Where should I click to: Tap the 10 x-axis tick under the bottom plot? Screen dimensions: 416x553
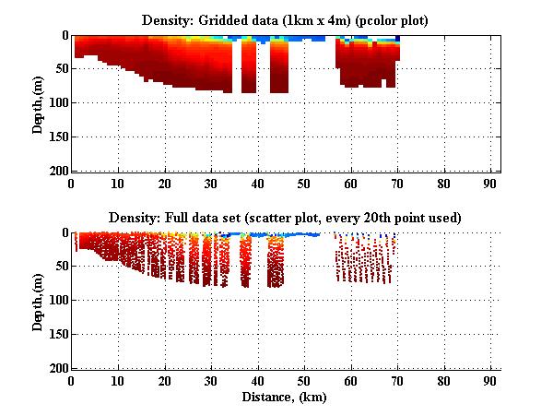pos(118,379)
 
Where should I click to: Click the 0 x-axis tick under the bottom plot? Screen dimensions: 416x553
pos(72,379)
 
